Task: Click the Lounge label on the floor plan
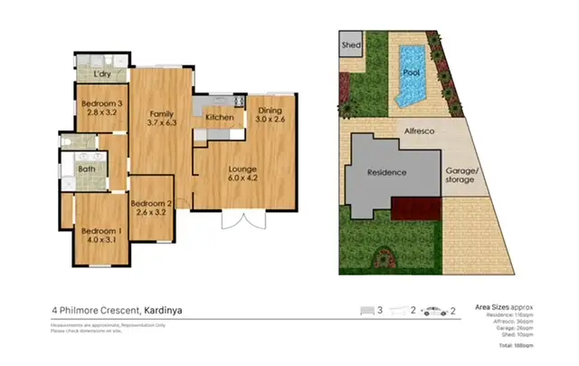point(242,169)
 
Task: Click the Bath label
point(87,169)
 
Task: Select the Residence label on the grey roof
point(386,172)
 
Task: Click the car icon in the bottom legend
point(434,311)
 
